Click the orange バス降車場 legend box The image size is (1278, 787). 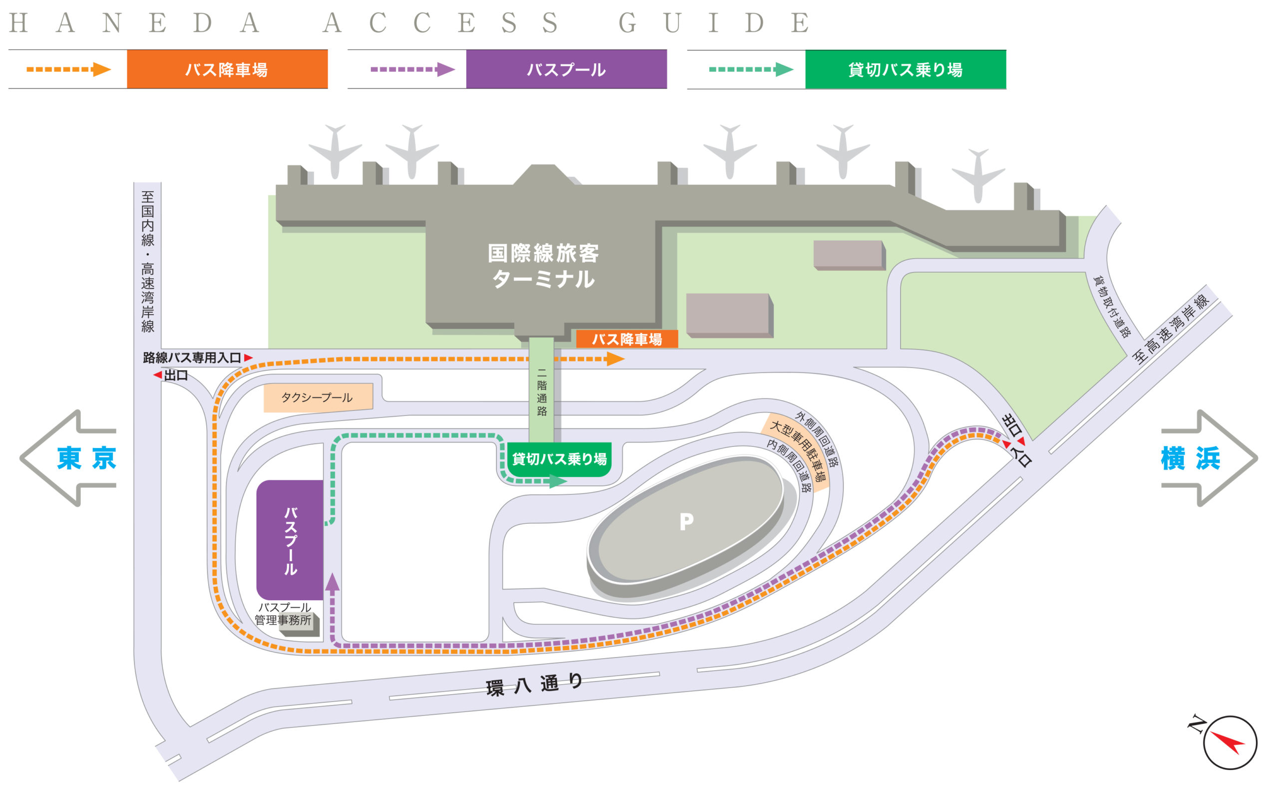click(x=227, y=69)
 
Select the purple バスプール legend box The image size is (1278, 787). click(x=566, y=69)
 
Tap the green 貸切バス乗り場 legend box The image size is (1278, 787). click(x=906, y=69)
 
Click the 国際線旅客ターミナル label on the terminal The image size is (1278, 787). click(x=543, y=266)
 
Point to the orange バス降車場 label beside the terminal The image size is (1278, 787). click(x=627, y=340)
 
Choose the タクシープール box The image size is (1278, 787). click(x=318, y=397)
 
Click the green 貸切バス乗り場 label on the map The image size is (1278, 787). click(x=560, y=458)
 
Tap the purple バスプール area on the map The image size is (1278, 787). click(x=290, y=540)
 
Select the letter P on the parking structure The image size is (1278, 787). click(x=686, y=521)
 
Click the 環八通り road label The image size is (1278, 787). click(x=534, y=685)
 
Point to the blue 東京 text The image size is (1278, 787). click(x=86, y=458)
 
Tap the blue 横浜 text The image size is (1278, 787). click(x=1191, y=458)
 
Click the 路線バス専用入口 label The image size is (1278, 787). click(x=192, y=358)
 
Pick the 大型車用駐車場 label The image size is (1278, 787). click(x=798, y=451)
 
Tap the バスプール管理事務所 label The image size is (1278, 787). click(x=283, y=614)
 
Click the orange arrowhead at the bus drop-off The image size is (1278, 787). click(x=615, y=359)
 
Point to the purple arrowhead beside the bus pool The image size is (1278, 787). click(x=332, y=582)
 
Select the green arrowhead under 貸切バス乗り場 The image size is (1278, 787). click(x=558, y=481)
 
